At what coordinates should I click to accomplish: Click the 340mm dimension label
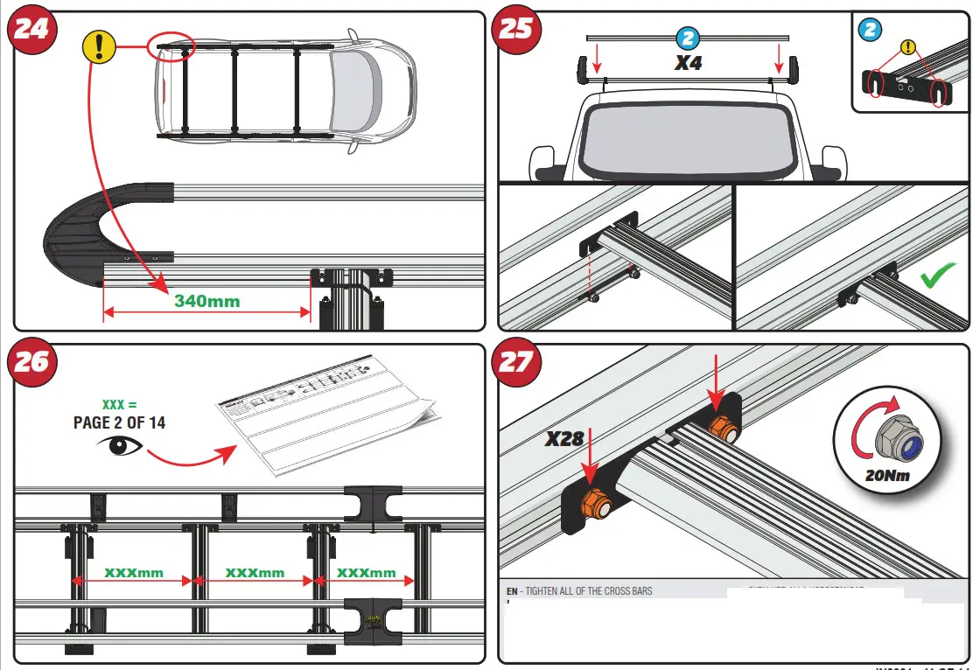click(207, 301)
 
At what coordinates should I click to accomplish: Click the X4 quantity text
click(688, 62)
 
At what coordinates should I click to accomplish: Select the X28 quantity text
click(564, 438)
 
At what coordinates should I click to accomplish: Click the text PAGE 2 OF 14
click(120, 422)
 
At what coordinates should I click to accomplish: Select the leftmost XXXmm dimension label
click(134, 573)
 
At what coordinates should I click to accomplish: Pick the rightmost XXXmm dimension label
click(367, 573)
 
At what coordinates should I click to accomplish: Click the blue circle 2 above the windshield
click(688, 38)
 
